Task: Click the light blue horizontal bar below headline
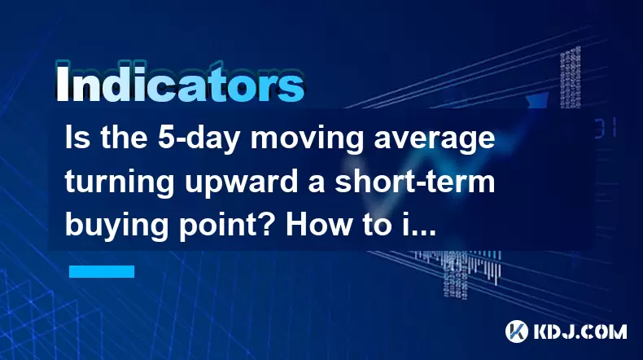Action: (102, 271)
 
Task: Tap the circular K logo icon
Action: (517, 331)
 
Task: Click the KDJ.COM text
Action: (580, 331)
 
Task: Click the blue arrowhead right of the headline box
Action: (538, 100)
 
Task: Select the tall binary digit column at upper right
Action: (571, 77)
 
